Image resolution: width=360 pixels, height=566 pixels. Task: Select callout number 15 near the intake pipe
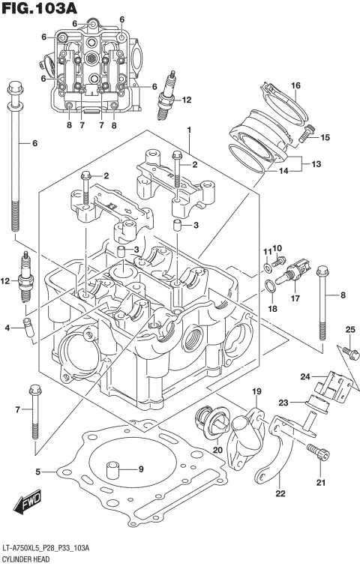point(325,137)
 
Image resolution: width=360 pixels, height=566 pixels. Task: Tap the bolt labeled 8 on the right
point(322,300)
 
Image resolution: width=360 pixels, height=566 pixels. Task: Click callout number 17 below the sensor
point(295,298)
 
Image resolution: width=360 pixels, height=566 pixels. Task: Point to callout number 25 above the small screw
point(349,331)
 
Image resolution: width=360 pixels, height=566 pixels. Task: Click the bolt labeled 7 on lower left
point(34,412)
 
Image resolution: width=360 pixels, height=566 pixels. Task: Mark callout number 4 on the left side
point(7,328)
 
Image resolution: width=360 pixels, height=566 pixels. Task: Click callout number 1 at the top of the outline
point(190,130)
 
